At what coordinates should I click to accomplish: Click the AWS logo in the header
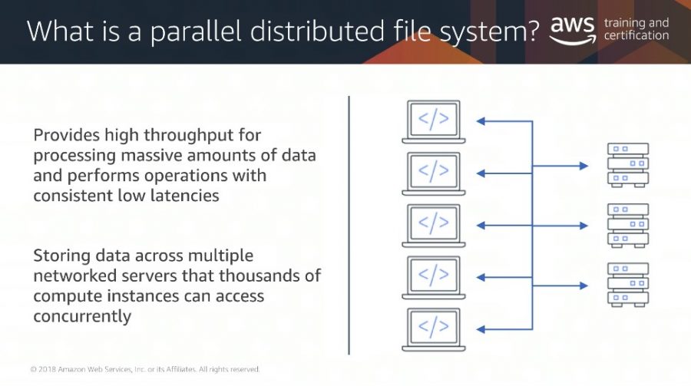click(x=573, y=30)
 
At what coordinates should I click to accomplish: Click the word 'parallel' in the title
click(x=196, y=31)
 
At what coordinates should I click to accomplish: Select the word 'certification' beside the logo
click(x=636, y=35)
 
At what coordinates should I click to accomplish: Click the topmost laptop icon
click(x=434, y=121)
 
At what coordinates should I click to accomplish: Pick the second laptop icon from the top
click(x=434, y=173)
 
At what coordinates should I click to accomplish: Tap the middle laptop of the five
click(x=434, y=226)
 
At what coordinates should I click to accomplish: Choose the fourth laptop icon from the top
click(x=434, y=278)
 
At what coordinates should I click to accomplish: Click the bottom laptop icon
click(x=434, y=330)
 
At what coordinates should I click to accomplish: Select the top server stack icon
click(x=628, y=165)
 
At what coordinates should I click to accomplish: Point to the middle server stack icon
click(x=628, y=225)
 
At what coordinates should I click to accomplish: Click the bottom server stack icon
click(x=628, y=285)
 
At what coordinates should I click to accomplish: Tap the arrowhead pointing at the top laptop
click(x=481, y=121)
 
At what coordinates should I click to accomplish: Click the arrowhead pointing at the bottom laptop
click(x=481, y=329)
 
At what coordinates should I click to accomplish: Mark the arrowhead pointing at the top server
click(x=584, y=166)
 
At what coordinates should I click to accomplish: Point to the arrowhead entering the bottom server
click(x=584, y=285)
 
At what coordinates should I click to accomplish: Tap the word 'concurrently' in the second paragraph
click(x=82, y=317)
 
